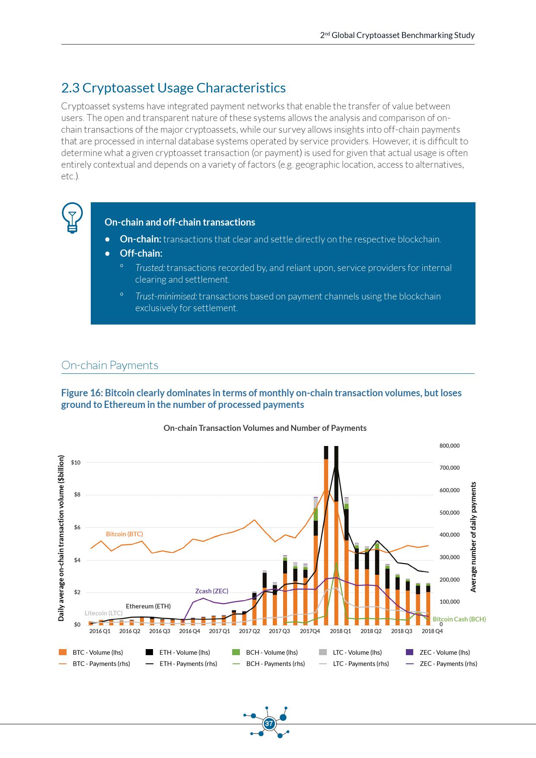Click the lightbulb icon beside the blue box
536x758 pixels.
72,217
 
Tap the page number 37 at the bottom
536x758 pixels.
269,723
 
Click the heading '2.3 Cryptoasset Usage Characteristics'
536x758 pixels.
173,88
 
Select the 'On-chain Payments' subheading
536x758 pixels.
110,365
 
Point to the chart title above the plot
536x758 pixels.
265,428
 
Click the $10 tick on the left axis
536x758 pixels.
76,462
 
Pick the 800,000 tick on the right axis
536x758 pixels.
449,446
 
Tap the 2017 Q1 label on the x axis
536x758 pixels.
220,631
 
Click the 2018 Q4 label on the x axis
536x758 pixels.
432,631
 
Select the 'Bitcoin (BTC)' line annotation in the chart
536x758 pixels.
124,534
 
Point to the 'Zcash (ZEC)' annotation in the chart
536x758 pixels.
211,591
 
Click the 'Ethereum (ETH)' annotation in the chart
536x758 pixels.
148,606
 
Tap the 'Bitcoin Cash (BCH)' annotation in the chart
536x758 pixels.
459,619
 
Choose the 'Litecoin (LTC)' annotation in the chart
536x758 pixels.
103,613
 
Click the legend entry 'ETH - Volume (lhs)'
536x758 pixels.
184,653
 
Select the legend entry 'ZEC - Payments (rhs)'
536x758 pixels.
448,664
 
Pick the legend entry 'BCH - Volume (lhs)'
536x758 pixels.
271,653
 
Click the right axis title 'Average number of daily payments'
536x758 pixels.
473,537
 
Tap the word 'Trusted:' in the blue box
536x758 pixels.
150,268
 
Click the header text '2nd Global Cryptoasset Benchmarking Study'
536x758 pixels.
397,35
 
